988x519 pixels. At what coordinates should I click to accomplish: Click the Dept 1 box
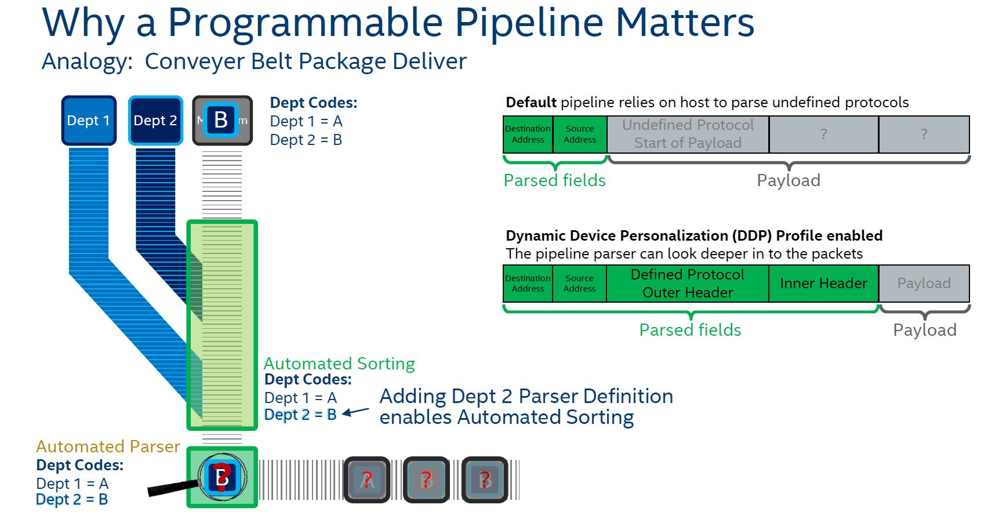click(x=89, y=121)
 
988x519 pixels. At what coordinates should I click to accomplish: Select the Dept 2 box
click(x=155, y=121)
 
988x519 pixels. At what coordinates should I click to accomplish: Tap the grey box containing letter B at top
click(x=222, y=121)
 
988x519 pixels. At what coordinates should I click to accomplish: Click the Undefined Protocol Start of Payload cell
click(x=688, y=134)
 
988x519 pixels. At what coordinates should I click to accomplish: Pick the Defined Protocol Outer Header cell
click(x=688, y=284)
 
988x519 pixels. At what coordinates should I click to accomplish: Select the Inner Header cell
click(x=823, y=284)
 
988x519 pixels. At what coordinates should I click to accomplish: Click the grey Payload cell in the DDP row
click(x=924, y=284)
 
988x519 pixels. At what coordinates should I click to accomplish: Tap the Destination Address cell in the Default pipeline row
click(x=528, y=134)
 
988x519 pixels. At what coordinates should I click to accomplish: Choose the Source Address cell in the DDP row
click(x=579, y=284)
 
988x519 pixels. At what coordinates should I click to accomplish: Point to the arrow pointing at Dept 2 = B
click(x=355, y=412)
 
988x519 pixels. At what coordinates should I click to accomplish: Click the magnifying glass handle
click(x=171, y=488)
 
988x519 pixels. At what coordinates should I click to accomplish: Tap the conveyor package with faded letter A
click(x=366, y=480)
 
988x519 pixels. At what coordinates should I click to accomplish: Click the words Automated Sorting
click(x=339, y=364)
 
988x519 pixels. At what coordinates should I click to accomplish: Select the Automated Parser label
click(x=108, y=447)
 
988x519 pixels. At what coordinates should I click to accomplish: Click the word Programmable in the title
click(x=306, y=23)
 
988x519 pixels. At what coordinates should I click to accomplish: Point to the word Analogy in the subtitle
click(x=87, y=61)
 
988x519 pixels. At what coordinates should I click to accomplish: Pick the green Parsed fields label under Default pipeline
click(x=554, y=180)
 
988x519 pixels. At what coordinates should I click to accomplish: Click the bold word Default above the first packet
click(x=531, y=103)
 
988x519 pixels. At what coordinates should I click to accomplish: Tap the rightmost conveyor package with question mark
click(x=485, y=480)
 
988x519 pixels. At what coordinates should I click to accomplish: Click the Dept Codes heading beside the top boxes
click(x=314, y=103)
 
